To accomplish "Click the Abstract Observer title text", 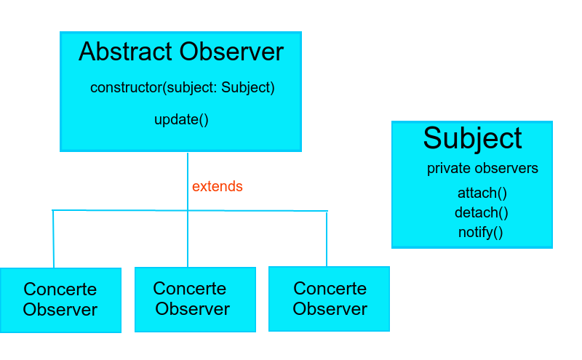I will coord(180,52).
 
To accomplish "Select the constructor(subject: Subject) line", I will coord(182,88).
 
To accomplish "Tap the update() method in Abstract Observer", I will coord(181,119).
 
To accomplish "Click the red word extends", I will coord(217,187).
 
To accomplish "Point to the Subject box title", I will coord(472,138).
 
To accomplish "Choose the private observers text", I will coord(482,169).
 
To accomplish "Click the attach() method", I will coord(482,193).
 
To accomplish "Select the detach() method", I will coord(481,213).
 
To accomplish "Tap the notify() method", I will coord(480,233).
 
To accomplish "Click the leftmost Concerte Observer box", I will coord(60,300).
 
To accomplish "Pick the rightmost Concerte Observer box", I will coord(329,299).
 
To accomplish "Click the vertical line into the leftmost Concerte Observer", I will coord(53,240).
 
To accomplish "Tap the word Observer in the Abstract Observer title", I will coord(231,52).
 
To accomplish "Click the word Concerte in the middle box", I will coord(190,289).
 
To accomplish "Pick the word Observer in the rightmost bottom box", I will coord(330,308).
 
